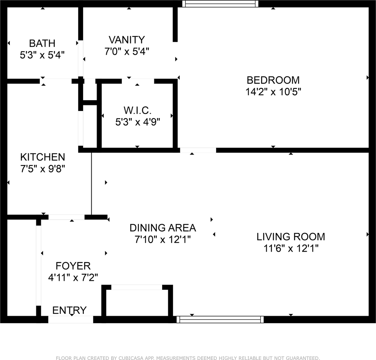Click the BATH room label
tap(42, 43)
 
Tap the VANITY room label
tap(127, 40)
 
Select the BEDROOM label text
tap(273, 80)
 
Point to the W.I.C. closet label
tap(138, 111)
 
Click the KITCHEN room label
tap(43, 157)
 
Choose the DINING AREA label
tap(163, 228)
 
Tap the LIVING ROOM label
tap(291, 237)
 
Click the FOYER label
tap(73, 266)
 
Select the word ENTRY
tap(69, 310)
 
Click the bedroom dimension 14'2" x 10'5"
tap(273, 91)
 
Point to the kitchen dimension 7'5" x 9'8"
tap(43, 169)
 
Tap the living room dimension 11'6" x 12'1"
tap(291, 248)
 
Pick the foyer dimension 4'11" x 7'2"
tap(73, 277)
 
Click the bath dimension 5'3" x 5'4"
tap(42, 55)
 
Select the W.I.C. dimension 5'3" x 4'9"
tap(138, 122)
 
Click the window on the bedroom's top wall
tap(220, 4)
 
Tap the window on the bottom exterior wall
tap(220, 319)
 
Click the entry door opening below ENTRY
tap(71, 319)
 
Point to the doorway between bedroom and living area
tap(198, 150)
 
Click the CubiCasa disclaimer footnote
tap(188, 358)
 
